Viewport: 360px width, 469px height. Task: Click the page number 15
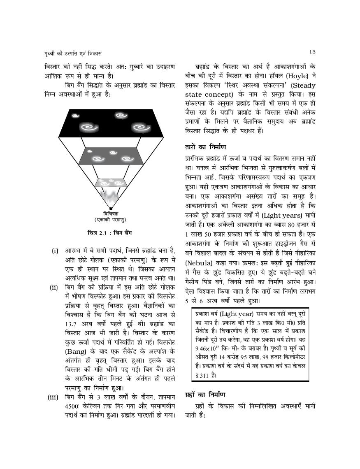coord(312,51)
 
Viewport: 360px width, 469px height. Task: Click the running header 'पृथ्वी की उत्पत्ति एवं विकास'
coord(73,53)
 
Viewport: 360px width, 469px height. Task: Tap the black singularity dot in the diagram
coord(110,209)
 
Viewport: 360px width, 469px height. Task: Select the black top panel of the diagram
coord(110,122)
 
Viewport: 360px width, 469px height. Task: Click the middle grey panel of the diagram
coord(110,157)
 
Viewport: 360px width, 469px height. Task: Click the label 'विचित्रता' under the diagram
coord(110,214)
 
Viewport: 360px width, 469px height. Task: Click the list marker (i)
coord(55,251)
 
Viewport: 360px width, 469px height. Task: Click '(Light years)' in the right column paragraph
coord(282,215)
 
